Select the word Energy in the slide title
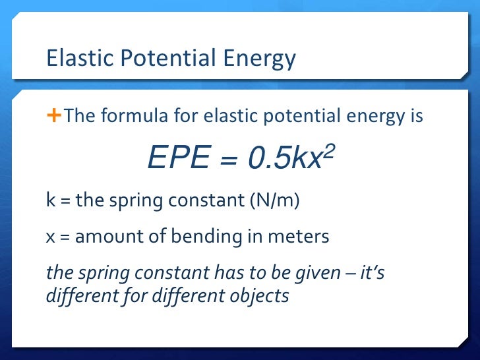pos(258,59)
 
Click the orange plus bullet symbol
pos(53,116)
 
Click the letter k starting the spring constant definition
pos(50,199)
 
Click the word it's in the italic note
pos(369,273)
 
